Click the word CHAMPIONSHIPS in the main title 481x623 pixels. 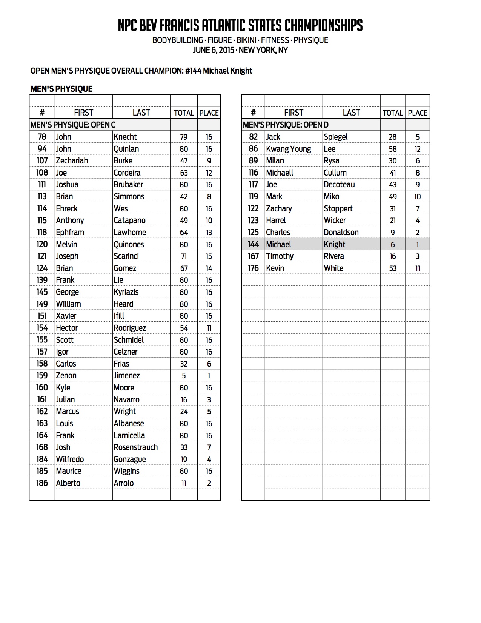point(323,26)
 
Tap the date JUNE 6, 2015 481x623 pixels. point(213,50)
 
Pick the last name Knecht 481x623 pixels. point(125,137)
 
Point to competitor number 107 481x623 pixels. point(42,160)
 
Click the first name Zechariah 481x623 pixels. point(72,160)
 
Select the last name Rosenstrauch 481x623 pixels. point(136,447)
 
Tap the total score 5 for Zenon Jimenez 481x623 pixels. point(184,376)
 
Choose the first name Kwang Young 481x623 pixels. point(289,149)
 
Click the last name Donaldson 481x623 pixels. point(341,232)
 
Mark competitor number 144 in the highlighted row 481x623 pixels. point(253,244)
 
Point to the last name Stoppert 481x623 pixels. point(338,208)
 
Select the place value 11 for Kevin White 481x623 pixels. point(418,268)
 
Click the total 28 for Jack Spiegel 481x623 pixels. point(393,137)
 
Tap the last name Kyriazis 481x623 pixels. point(126,292)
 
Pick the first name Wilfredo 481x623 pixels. point(70,459)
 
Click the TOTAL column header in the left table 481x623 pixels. point(184,113)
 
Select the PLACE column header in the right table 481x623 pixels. point(418,113)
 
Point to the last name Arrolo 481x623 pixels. point(124,483)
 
